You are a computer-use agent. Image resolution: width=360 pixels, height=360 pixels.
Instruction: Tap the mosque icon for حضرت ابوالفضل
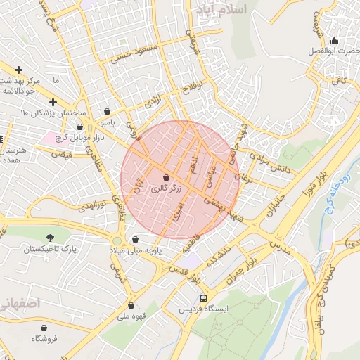point(334,40)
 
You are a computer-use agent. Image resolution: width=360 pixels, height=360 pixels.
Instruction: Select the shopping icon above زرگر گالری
point(166,178)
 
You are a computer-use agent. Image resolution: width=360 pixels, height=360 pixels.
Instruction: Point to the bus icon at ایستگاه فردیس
point(204,298)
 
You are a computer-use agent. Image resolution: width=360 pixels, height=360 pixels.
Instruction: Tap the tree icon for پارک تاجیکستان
point(49,238)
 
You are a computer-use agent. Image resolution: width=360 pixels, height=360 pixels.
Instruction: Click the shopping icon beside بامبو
point(107,111)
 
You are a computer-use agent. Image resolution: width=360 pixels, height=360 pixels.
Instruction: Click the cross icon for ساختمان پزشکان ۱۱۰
point(53,102)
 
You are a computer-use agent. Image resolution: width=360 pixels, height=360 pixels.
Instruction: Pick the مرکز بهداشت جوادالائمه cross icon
point(18,70)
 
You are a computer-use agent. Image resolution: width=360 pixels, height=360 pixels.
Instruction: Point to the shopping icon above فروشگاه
point(44,328)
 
